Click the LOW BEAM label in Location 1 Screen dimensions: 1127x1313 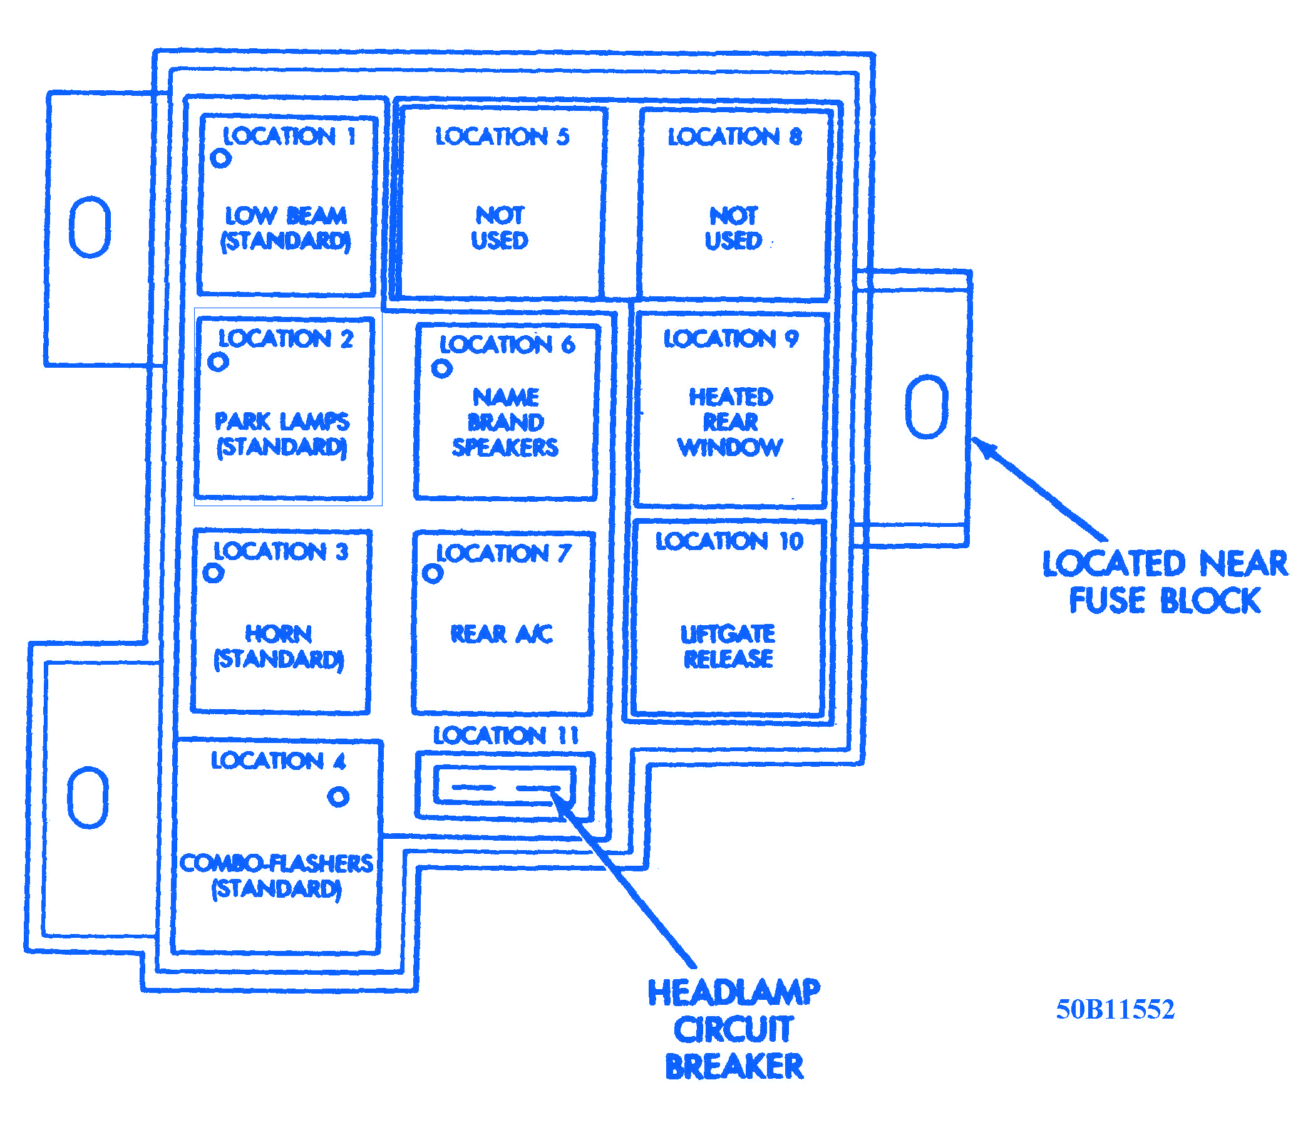(286, 216)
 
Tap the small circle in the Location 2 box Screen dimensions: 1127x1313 (218, 363)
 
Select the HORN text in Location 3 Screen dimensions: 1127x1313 (278, 634)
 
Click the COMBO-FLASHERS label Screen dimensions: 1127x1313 (276, 863)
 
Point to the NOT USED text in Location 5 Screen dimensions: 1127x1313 (500, 228)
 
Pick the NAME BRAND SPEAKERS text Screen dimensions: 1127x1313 (505, 422)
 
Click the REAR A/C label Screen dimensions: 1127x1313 (502, 634)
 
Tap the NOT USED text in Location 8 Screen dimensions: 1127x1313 (733, 228)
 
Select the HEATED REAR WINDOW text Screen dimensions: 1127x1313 (730, 422)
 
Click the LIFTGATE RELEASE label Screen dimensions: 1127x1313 (728, 646)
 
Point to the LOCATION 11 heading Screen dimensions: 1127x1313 (506, 735)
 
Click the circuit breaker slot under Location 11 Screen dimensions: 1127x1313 (505, 787)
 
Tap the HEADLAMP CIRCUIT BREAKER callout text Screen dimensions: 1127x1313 (734, 1029)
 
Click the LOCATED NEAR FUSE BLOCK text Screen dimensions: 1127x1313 (1165, 582)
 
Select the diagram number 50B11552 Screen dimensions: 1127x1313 (1115, 1009)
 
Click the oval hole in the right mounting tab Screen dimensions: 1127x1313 (927, 407)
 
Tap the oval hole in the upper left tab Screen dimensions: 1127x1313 (90, 227)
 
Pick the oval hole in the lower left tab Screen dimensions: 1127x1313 (88, 797)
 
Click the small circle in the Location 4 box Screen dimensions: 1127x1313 (338, 796)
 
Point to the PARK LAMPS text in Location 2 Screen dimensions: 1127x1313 (282, 422)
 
